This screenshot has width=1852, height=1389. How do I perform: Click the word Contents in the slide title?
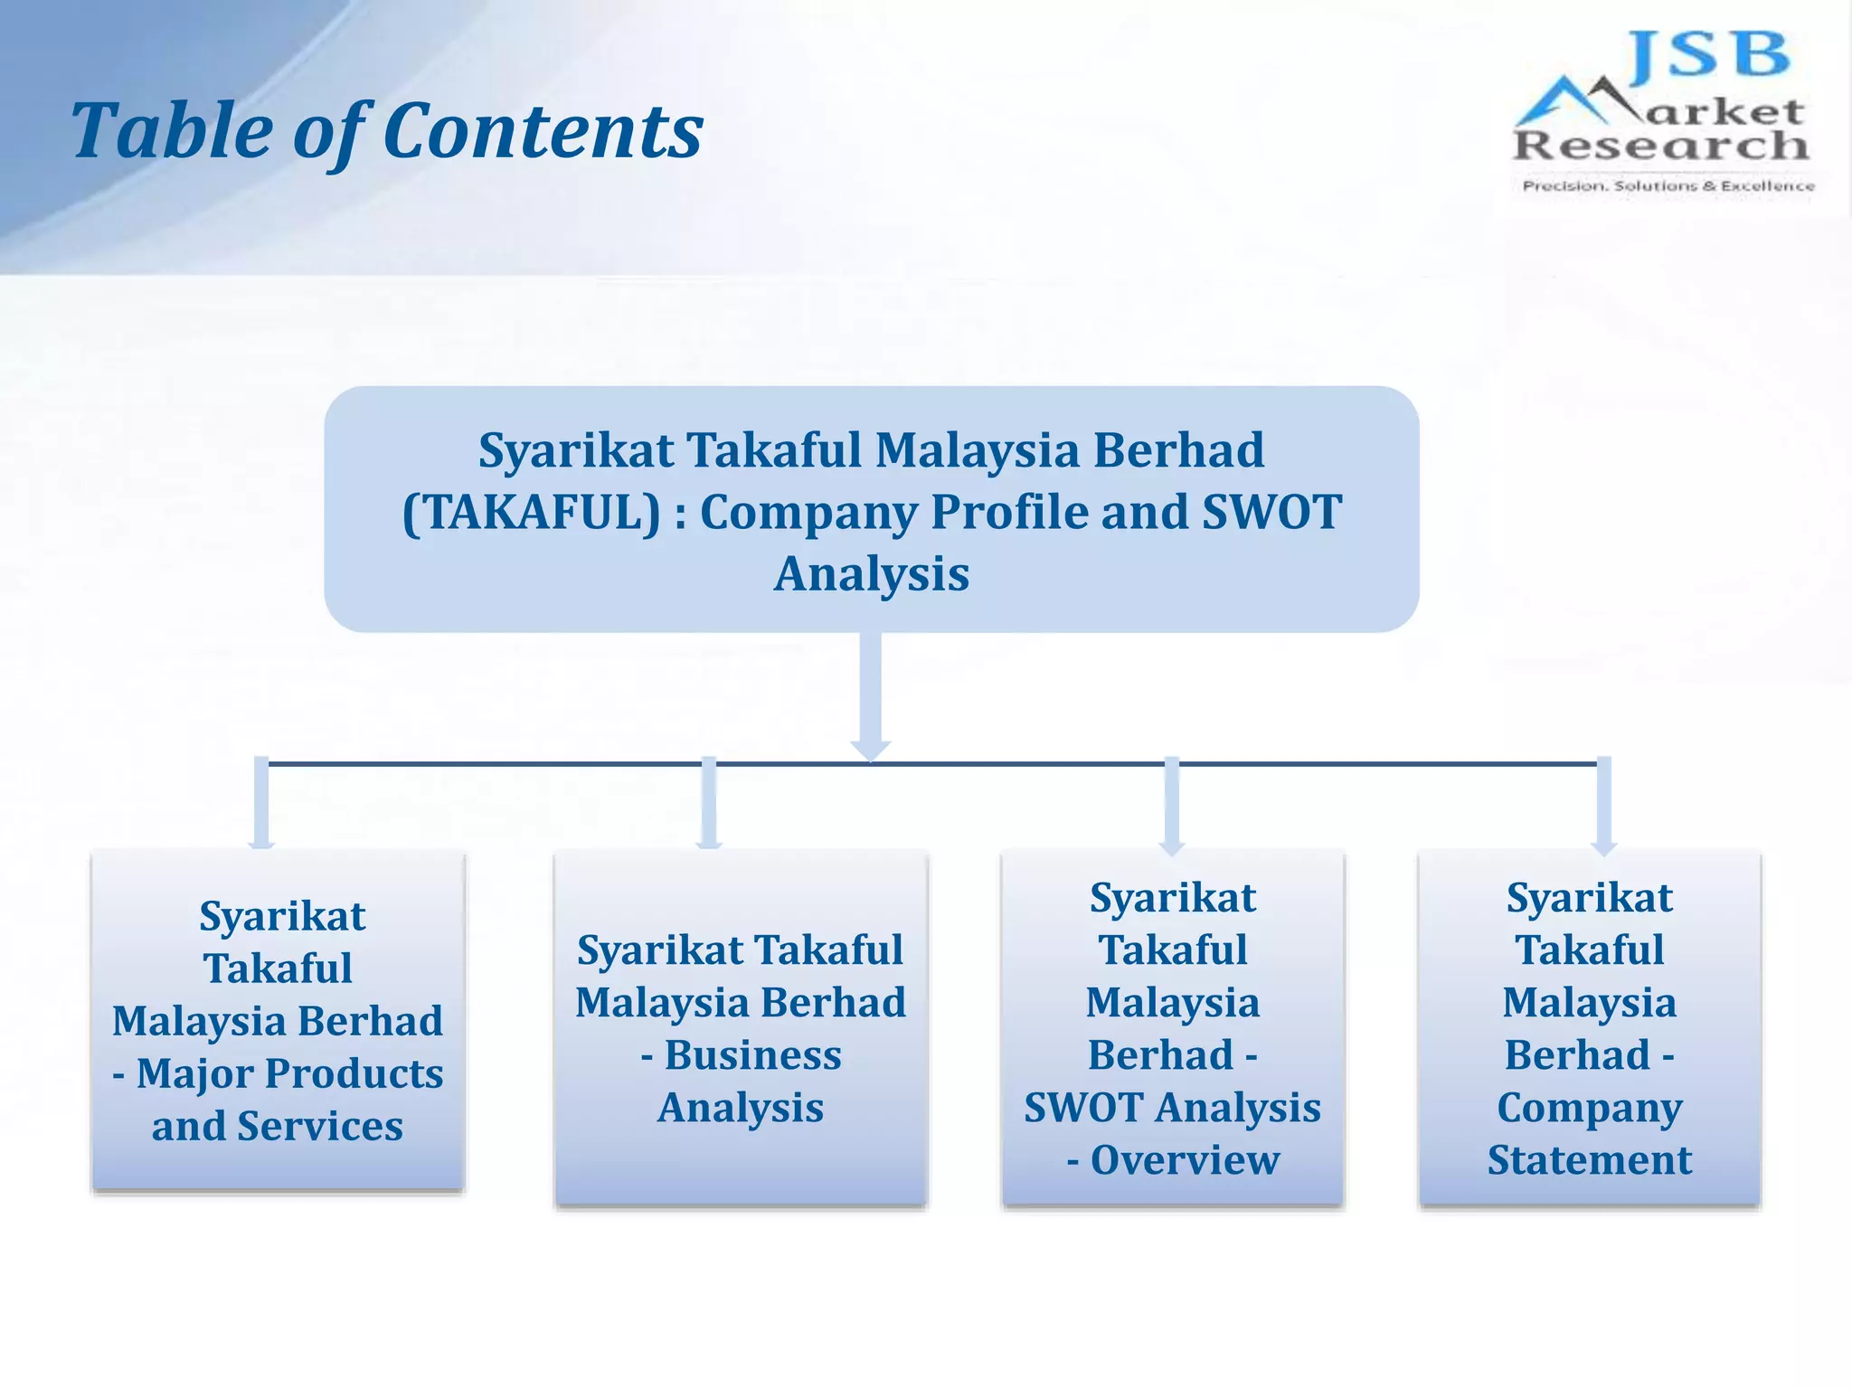(543, 131)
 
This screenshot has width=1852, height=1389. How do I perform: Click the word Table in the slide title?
(172, 131)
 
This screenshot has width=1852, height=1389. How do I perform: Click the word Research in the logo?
(1660, 145)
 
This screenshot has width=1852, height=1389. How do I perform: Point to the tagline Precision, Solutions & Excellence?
(1668, 186)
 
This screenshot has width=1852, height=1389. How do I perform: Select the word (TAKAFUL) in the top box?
(532, 513)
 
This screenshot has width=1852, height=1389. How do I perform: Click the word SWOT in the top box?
(1271, 513)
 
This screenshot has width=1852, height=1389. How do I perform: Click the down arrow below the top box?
(871, 696)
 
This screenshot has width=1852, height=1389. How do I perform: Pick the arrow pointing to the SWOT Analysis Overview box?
(1172, 805)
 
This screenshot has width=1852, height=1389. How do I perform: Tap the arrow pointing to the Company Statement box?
(1604, 805)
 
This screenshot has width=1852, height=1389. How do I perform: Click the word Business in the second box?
(752, 1055)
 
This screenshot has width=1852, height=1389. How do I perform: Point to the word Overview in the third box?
(1185, 1160)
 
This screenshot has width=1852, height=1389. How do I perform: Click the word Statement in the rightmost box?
(1590, 1160)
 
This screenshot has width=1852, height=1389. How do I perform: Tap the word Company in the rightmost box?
(1590, 1108)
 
